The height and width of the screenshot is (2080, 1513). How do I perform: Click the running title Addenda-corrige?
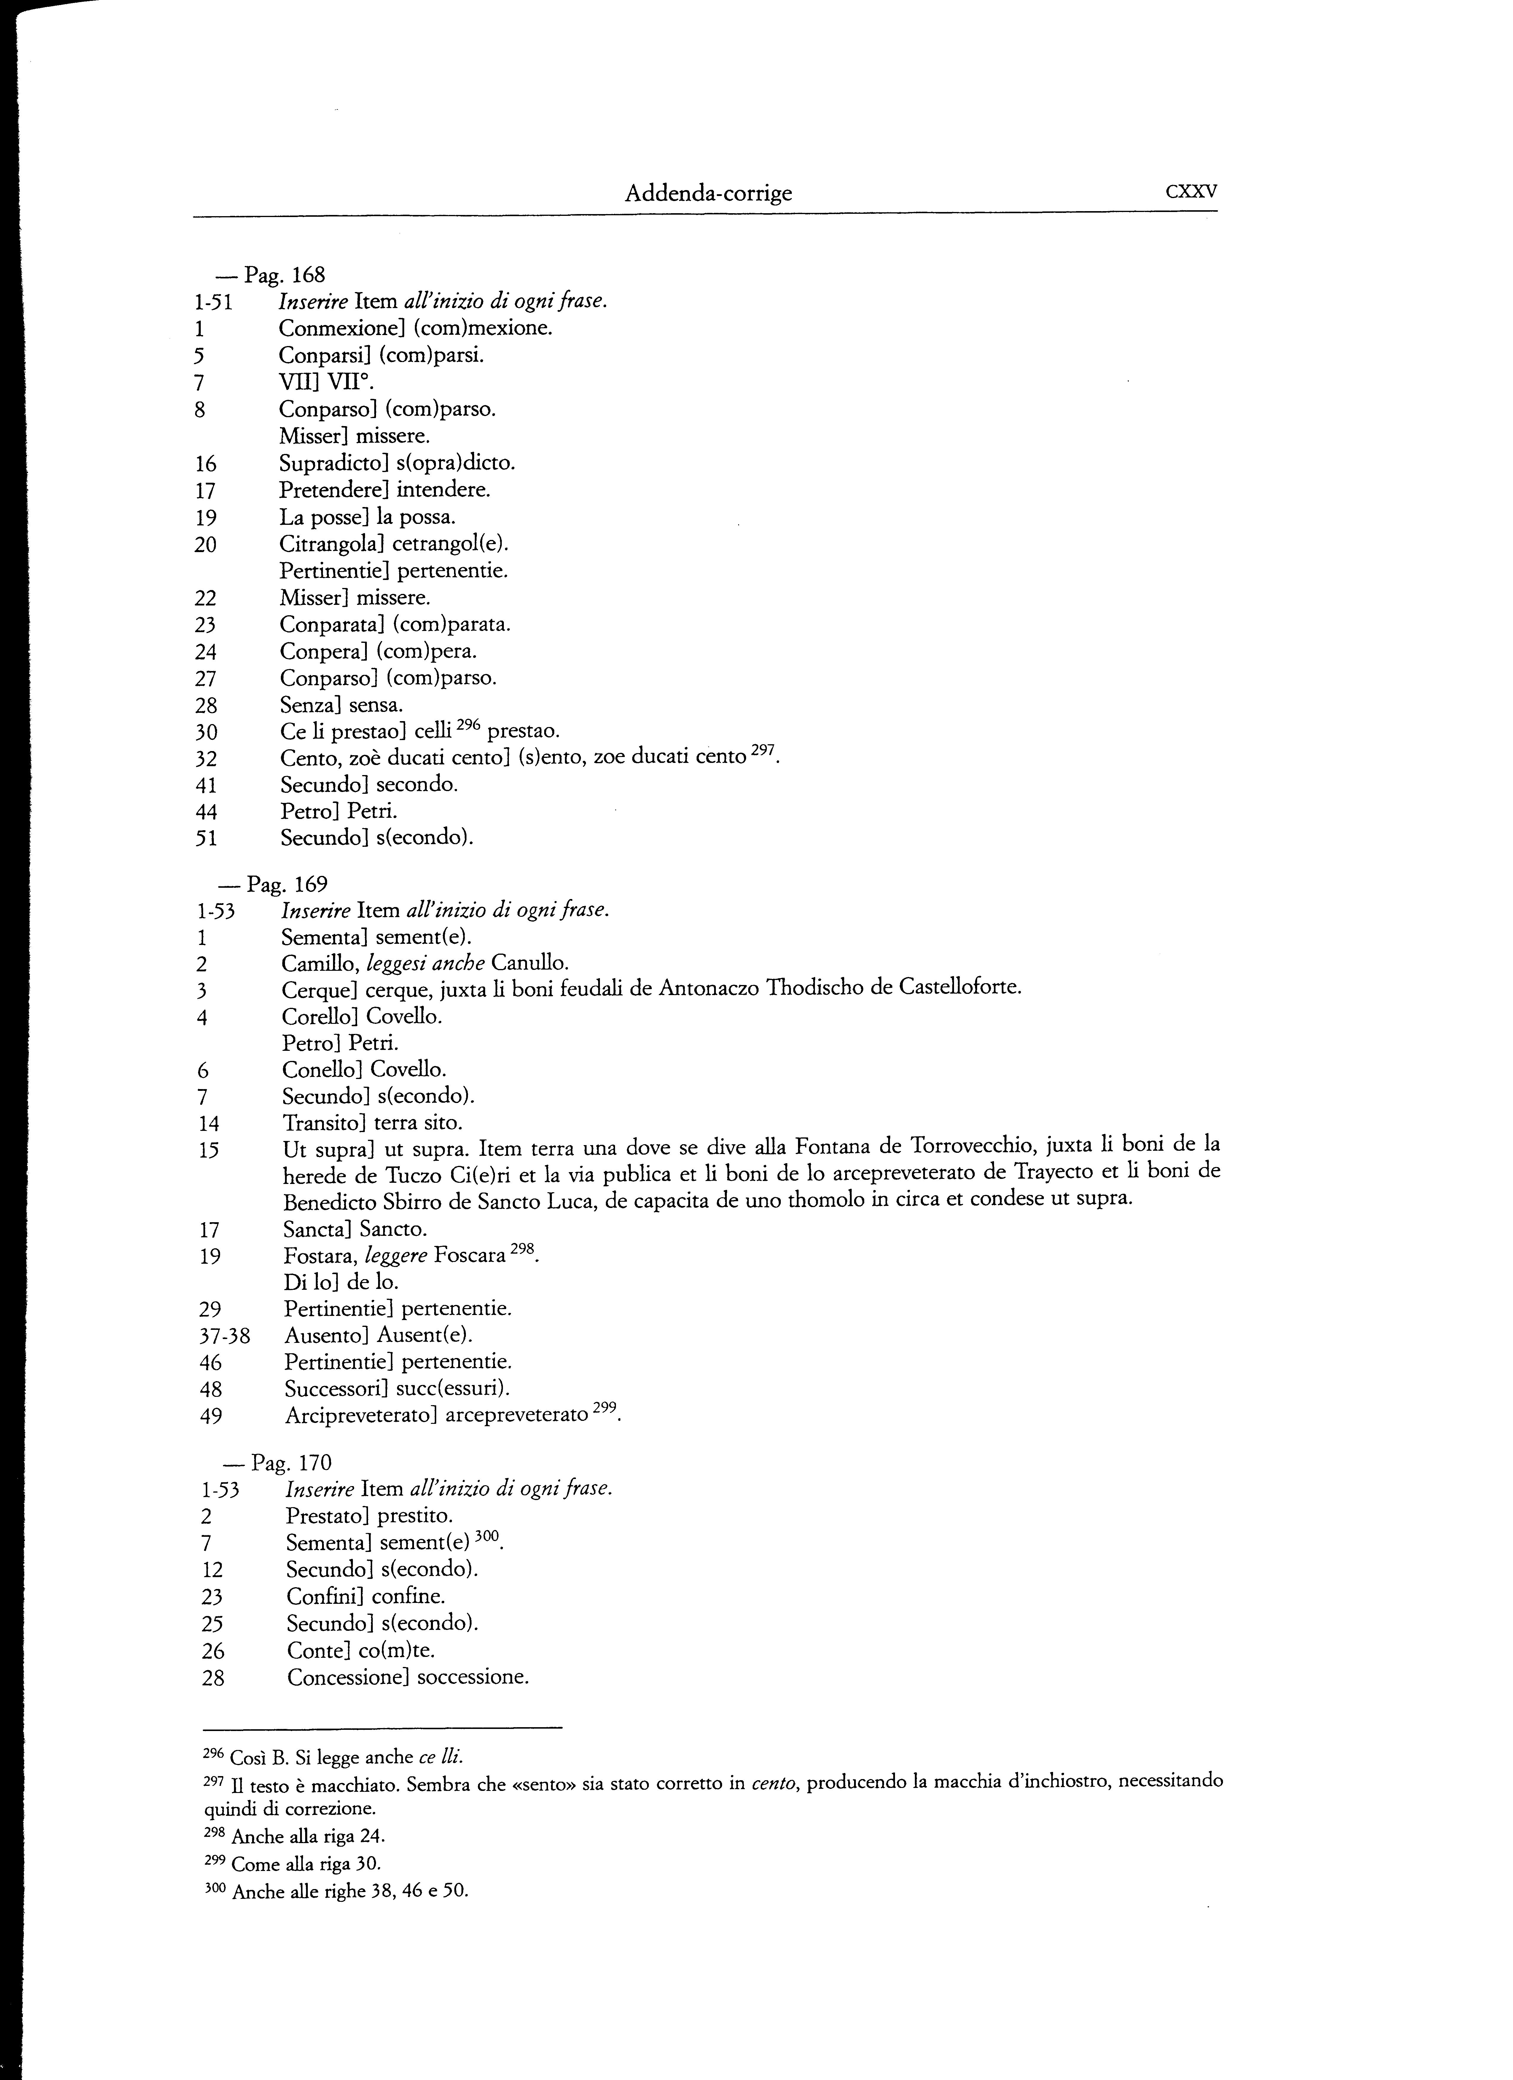[708, 194]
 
